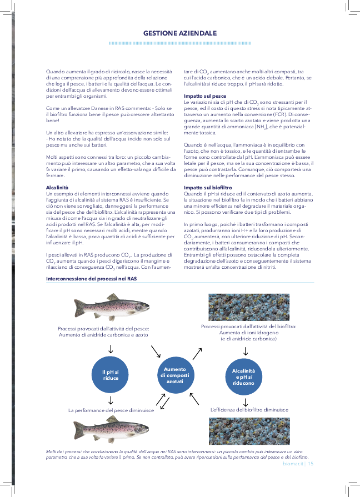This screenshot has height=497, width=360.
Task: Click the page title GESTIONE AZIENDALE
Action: point(179,33)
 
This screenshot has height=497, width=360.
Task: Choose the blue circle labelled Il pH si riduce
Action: point(111,374)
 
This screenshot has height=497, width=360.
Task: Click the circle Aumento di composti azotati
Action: point(175,375)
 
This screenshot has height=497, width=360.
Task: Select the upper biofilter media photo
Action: point(248,307)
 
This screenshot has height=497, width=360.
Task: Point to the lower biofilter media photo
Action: point(248,431)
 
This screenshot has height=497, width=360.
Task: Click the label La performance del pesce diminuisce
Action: point(111,410)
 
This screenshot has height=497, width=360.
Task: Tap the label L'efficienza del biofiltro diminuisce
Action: point(249,410)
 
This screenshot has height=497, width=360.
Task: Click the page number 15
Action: point(311,463)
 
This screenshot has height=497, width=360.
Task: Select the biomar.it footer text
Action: point(292,463)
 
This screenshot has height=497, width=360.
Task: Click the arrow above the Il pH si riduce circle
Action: point(111,348)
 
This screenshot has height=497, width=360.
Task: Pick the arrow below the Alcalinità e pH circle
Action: point(245,401)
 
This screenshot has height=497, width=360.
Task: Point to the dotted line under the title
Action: point(179,43)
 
